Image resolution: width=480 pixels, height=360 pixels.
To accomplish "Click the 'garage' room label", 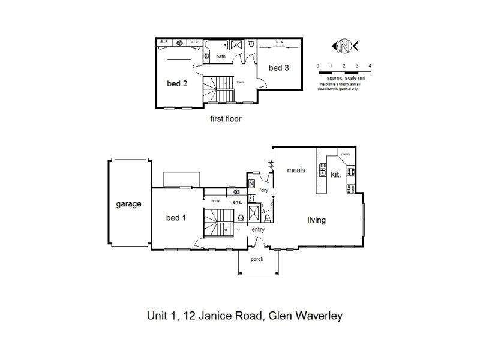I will pos(128,204).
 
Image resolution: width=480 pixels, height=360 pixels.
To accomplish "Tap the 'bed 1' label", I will pos(176,217).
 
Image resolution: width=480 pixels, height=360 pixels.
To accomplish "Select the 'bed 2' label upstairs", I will pos(177,83).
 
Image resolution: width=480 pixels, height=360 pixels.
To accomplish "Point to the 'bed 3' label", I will pos(279,68).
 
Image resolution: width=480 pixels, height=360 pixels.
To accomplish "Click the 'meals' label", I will pos(296,170).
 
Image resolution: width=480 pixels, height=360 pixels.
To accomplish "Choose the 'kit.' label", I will pos(336,174).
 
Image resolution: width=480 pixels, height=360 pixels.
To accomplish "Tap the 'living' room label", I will pos(316,220).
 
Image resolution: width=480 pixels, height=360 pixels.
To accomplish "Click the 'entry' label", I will pos(258,229).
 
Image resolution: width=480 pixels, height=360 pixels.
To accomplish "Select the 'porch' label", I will pos(257,259).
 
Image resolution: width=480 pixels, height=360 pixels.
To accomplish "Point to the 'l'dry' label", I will pos(263,190).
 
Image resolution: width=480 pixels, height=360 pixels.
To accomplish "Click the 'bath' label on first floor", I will pos(221,57).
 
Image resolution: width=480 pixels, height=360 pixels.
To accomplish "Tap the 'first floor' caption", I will pos(226,119).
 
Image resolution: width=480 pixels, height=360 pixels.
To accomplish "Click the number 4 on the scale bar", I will pos(370,65).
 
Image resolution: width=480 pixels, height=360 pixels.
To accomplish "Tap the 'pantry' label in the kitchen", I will pos(345,154).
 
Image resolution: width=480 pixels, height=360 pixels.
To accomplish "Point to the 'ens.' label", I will pos(238,202).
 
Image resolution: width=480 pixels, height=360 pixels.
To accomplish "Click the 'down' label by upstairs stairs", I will pos(239,82).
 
